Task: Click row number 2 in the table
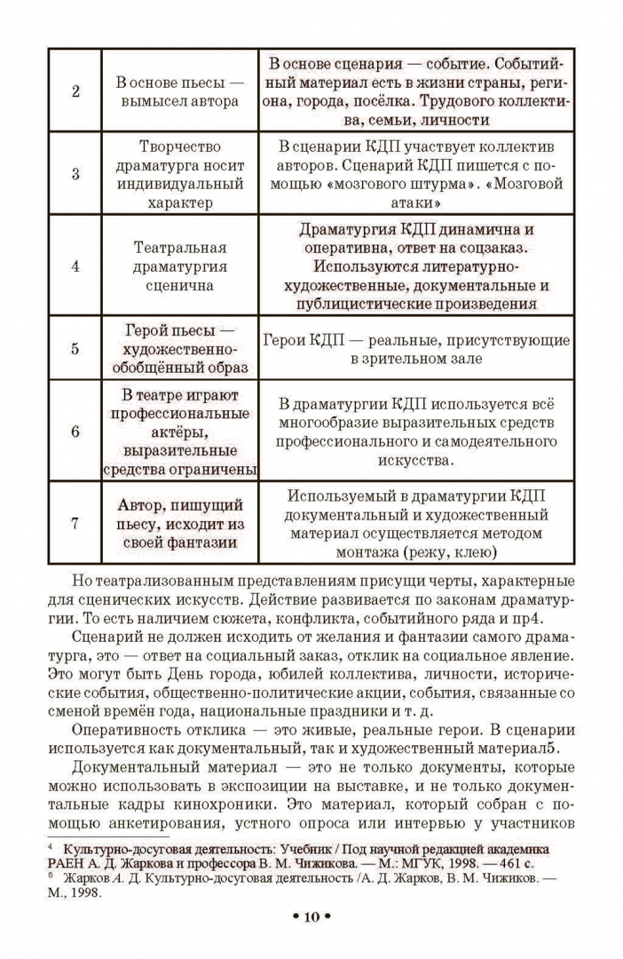[75, 91]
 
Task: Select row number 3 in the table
[75, 174]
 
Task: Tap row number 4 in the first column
[75, 266]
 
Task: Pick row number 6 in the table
[75, 432]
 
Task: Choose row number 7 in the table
[75, 523]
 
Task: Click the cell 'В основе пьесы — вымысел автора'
[179, 91]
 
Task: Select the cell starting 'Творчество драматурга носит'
[179, 174]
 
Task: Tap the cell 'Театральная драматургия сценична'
[179, 266]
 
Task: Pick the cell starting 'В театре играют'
[179, 432]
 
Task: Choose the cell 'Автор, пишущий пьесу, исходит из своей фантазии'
[179, 523]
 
